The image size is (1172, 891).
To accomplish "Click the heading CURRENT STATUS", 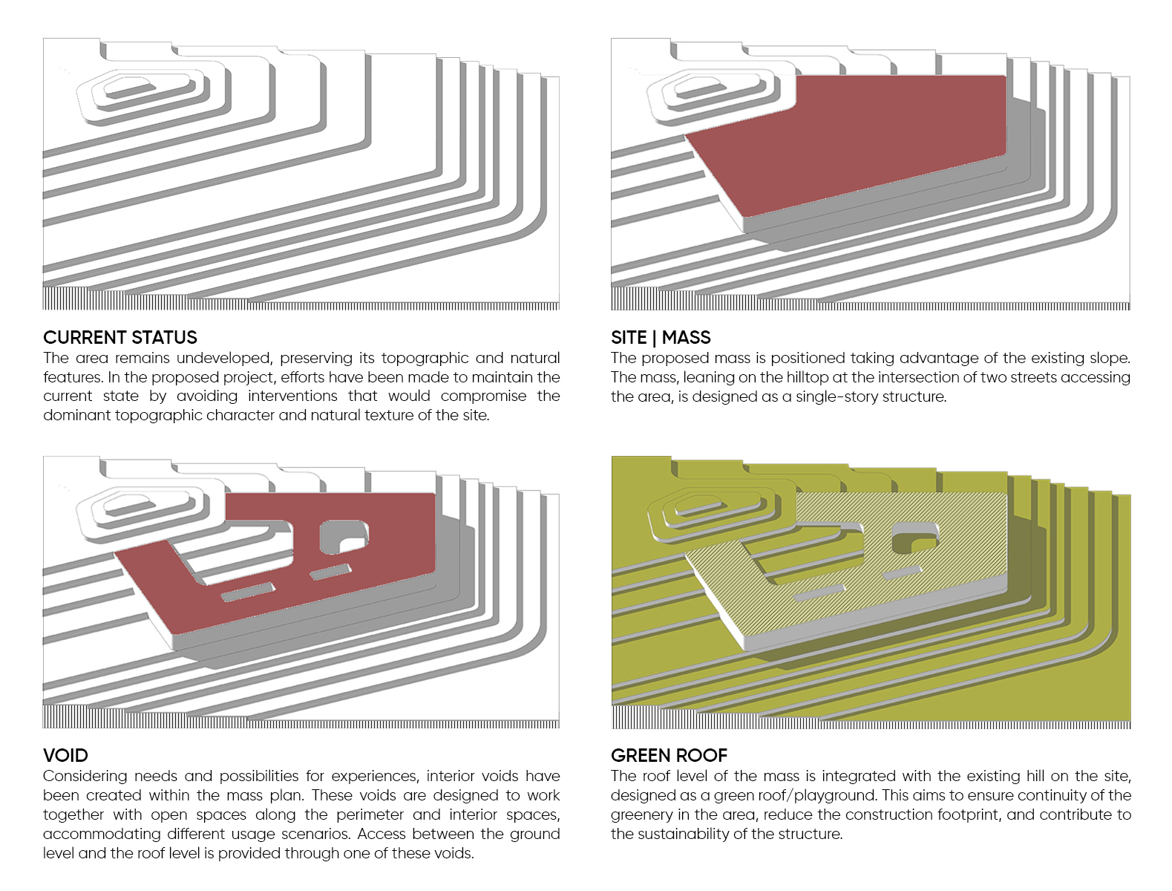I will click(x=120, y=338).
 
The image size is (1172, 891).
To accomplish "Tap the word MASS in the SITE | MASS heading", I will click(x=686, y=338).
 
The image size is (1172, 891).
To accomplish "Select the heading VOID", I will click(x=65, y=756).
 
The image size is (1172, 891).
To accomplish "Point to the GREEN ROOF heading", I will click(x=669, y=756).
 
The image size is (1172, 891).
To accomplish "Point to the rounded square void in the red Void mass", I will click(x=342, y=536).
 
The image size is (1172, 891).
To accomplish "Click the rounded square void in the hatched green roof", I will click(x=914, y=537).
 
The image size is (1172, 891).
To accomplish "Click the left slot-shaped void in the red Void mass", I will click(x=248, y=592).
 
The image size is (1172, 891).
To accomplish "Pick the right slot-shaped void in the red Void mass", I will click(x=330, y=572).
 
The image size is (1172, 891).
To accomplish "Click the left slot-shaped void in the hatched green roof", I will click(x=819, y=592).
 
